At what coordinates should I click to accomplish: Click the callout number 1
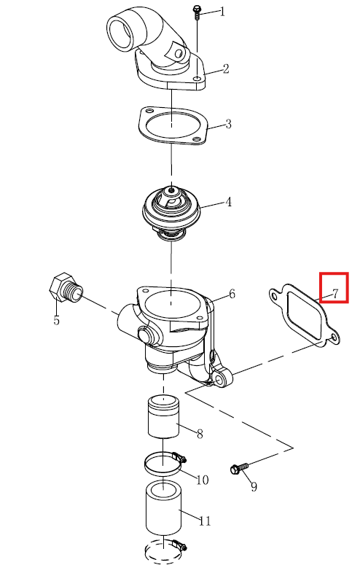(x=222, y=12)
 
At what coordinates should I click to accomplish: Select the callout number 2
(x=226, y=69)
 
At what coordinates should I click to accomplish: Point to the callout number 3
(x=228, y=124)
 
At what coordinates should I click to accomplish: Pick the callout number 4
(x=228, y=202)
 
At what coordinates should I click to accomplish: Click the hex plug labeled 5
(x=66, y=288)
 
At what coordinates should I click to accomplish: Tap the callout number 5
(x=56, y=320)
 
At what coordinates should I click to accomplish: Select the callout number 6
(x=232, y=294)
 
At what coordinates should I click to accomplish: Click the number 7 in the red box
(x=335, y=293)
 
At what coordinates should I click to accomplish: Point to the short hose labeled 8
(x=163, y=416)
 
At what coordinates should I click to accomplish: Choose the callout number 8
(x=200, y=434)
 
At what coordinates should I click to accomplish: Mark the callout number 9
(x=254, y=486)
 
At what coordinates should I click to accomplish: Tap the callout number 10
(x=202, y=480)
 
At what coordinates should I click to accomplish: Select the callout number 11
(x=205, y=521)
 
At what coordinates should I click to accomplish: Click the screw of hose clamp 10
(x=179, y=456)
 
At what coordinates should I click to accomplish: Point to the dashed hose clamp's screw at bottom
(x=179, y=545)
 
